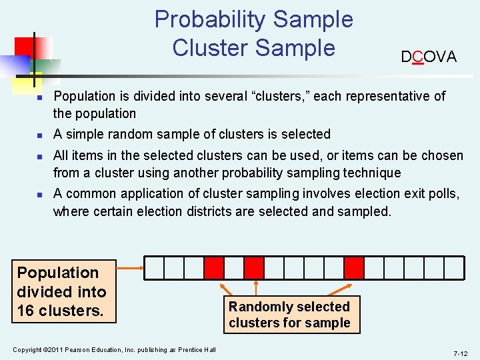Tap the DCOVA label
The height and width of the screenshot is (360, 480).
[429, 57]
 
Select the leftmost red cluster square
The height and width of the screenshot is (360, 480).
[214, 267]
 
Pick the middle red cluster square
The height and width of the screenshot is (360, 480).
[254, 267]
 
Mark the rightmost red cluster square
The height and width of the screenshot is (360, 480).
[354, 267]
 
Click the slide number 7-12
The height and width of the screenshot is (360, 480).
[461, 353]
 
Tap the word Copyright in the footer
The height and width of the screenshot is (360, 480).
[27, 350]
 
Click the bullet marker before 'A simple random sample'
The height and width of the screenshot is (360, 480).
[39, 135]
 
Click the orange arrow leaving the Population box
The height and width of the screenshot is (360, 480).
[130, 268]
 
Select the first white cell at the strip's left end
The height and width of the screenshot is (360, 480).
[154, 267]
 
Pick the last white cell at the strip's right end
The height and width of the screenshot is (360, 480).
[454, 267]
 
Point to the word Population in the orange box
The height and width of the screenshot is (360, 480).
[57, 273]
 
